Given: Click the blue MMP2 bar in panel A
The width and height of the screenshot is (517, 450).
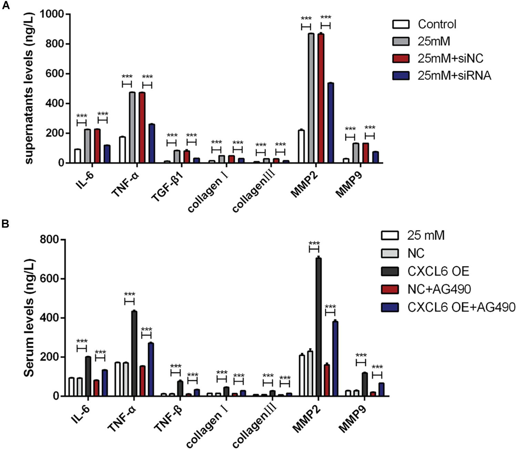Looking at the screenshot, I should point(331,123).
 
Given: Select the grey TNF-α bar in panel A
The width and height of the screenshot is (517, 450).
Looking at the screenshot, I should point(132,128).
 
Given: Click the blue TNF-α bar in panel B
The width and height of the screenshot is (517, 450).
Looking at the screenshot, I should point(151,369).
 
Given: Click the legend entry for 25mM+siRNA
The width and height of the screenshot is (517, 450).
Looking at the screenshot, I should point(454,76).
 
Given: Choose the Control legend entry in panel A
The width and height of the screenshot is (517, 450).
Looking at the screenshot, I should point(437,24).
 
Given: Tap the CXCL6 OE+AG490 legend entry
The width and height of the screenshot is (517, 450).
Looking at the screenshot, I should point(461,307).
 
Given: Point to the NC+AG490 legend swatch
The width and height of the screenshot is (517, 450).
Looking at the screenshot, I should point(390,289).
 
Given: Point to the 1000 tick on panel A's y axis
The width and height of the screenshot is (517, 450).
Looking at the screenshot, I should point(52,14).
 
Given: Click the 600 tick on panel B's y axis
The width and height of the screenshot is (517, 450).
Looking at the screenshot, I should point(49,279).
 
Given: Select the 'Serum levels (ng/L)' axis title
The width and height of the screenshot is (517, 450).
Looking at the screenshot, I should point(29,317).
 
